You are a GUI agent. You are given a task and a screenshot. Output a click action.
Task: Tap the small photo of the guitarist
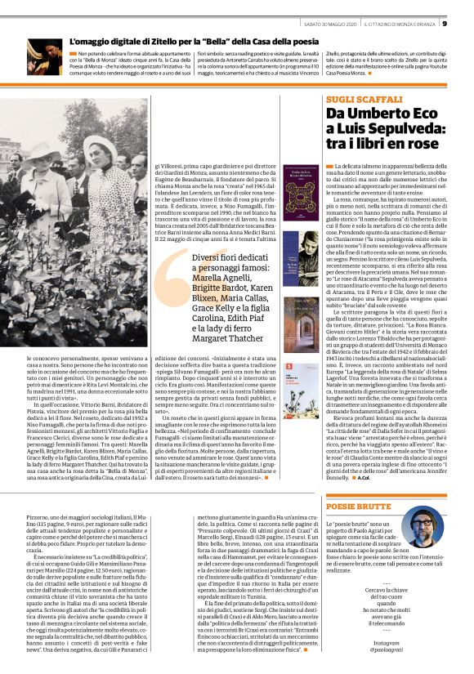45,58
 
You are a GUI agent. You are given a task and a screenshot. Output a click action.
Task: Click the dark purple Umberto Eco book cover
301,193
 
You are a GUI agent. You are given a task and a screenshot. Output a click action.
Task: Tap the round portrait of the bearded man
424,532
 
